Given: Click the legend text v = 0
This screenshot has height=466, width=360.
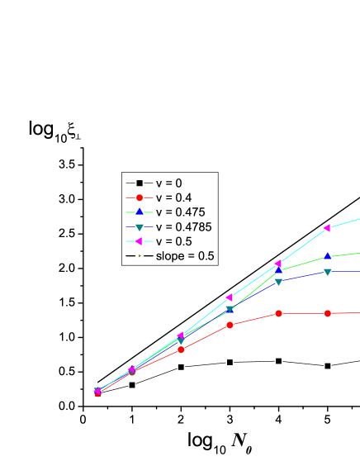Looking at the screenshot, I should (168, 183).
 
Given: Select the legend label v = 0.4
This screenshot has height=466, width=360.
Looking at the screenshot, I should (173, 197).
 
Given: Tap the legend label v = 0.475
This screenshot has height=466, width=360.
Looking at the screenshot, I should (180, 212).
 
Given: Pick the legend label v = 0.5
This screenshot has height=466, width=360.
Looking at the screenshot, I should (173, 241).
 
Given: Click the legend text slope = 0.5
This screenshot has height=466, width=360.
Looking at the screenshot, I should (185, 256).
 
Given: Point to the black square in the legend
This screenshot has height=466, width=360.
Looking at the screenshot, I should (140, 183).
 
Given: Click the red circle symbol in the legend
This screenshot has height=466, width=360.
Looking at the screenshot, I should (140, 197).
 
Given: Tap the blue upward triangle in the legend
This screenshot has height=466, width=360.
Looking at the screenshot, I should (140, 212).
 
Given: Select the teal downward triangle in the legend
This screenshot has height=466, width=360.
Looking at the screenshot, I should (140, 227).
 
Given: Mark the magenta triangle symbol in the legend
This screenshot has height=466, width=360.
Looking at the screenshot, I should (140, 241).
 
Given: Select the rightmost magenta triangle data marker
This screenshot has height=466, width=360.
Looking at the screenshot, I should (327, 227).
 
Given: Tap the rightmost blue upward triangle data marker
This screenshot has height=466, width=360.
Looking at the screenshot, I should (328, 256).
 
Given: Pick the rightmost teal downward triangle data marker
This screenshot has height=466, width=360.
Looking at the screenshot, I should (328, 272).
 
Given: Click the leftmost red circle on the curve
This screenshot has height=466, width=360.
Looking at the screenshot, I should (97, 393).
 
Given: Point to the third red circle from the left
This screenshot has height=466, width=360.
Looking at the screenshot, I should (181, 349).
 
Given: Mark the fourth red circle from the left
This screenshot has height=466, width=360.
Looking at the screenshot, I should (230, 325).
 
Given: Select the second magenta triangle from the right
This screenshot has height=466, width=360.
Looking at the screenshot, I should (278, 264).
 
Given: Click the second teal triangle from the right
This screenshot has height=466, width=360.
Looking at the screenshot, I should (278, 282).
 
